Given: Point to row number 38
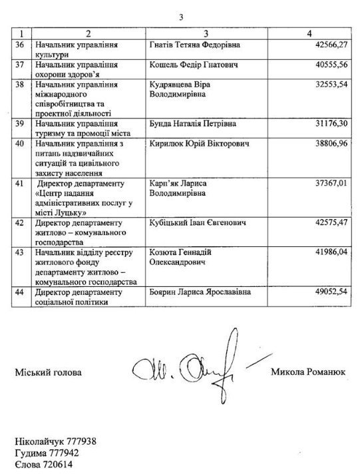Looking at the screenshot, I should pyautogui.click(x=24, y=86).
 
